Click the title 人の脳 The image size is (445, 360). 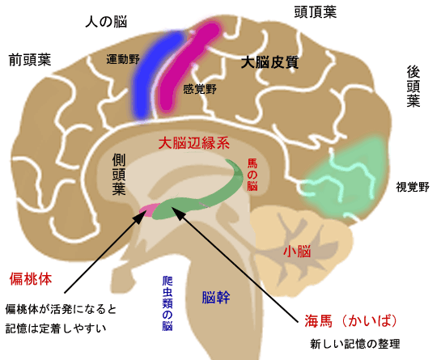pyautogui.click(x=106, y=22)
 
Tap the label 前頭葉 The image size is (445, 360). pyautogui.click(x=30, y=60)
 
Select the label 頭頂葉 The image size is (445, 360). pyautogui.click(x=316, y=12)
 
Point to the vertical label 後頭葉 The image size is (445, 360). pyautogui.click(x=413, y=87)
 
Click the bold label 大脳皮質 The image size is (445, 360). pyautogui.click(x=269, y=62)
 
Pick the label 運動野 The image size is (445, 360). pyautogui.click(x=123, y=59)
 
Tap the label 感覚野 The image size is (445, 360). pyautogui.click(x=200, y=89)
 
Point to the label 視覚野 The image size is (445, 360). pyautogui.click(x=413, y=187)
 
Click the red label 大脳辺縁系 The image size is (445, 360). pyautogui.click(x=194, y=143)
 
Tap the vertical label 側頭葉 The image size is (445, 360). pyautogui.click(x=119, y=175)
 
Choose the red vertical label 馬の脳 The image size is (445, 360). pyautogui.click(x=252, y=175)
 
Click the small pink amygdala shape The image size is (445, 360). pyautogui.click(x=150, y=210)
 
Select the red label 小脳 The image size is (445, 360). pyautogui.click(x=297, y=252)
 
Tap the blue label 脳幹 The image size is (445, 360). pyautogui.click(x=216, y=298)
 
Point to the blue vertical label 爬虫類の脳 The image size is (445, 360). pyautogui.click(x=167, y=303)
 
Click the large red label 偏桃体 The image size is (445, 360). pyautogui.click(x=31, y=279)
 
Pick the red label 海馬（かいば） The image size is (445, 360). pyautogui.click(x=350, y=321)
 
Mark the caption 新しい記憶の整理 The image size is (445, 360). pyautogui.click(x=354, y=344)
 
